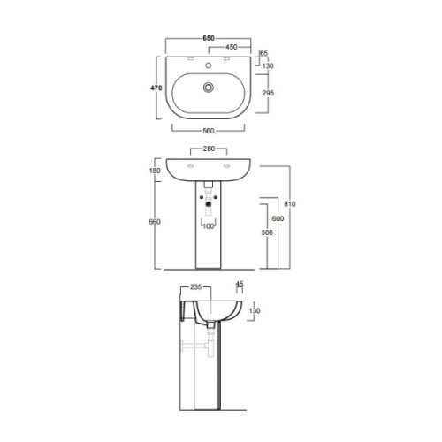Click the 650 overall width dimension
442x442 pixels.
tap(209, 38)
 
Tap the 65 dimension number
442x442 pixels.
tap(263, 54)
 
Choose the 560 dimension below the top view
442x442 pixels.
tap(209, 131)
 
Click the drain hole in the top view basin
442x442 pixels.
tap(209, 88)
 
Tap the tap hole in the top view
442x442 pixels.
tap(209, 65)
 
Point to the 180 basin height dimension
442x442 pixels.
tap(156, 171)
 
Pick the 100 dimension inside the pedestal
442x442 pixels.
tap(209, 226)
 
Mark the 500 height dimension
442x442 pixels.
tap(265, 232)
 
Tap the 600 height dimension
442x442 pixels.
tap(278, 217)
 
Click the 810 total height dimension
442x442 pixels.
tap(291, 204)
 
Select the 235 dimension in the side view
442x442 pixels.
tap(195, 287)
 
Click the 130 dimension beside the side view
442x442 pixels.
tap(255, 311)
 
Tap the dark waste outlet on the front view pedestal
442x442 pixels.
tap(209, 210)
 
